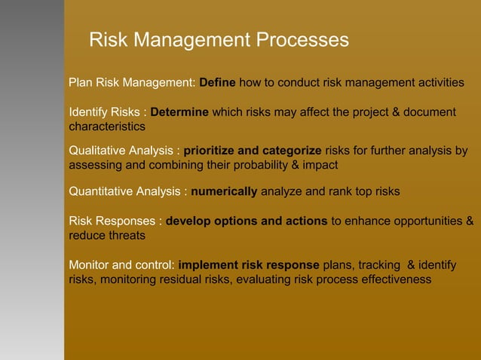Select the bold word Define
(217, 82)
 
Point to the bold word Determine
(179, 112)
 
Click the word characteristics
(107, 127)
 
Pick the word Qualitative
(97, 150)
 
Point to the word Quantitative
(100, 191)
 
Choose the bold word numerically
(224, 191)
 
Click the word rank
(340, 191)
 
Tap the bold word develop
(189, 221)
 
